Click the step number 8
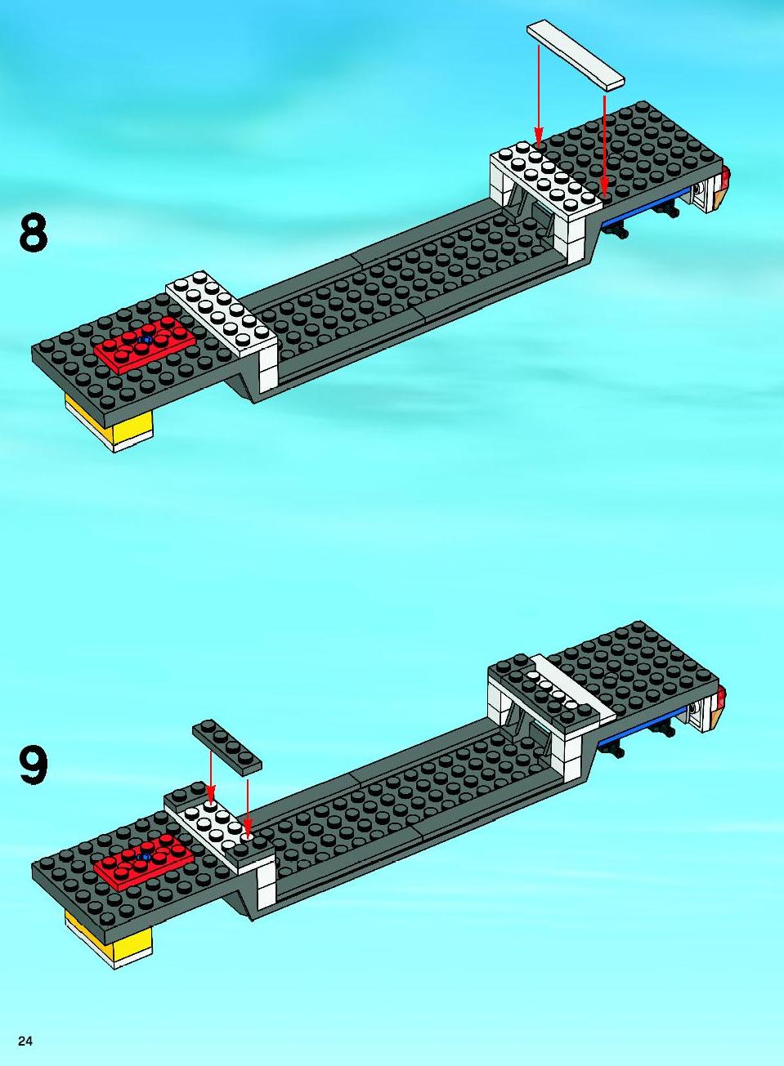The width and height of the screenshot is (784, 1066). point(34,232)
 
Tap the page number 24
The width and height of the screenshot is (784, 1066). point(25,1041)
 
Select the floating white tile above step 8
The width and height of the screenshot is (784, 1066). point(575,55)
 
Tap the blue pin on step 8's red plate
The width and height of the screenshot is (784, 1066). point(145,340)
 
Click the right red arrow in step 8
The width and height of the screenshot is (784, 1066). point(604,147)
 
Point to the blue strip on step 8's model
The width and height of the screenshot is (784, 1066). point(644,206)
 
